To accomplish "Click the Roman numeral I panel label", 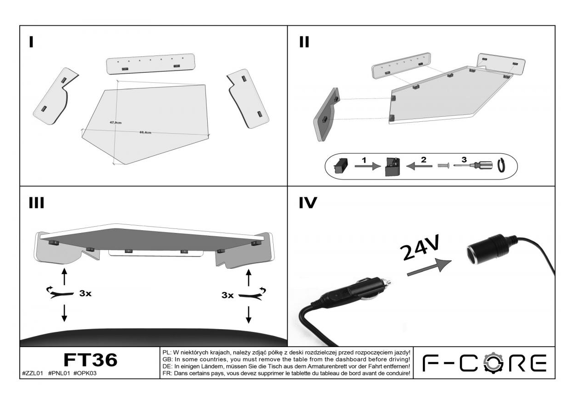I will point(31,42).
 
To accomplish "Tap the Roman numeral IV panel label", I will point(307,202).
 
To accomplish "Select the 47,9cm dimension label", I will point(115,122).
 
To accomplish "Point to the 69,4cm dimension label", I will point(145,132).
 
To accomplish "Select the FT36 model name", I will point(90,360).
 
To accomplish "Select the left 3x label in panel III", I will point(85,293).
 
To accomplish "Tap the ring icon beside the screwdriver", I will point(502,165).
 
